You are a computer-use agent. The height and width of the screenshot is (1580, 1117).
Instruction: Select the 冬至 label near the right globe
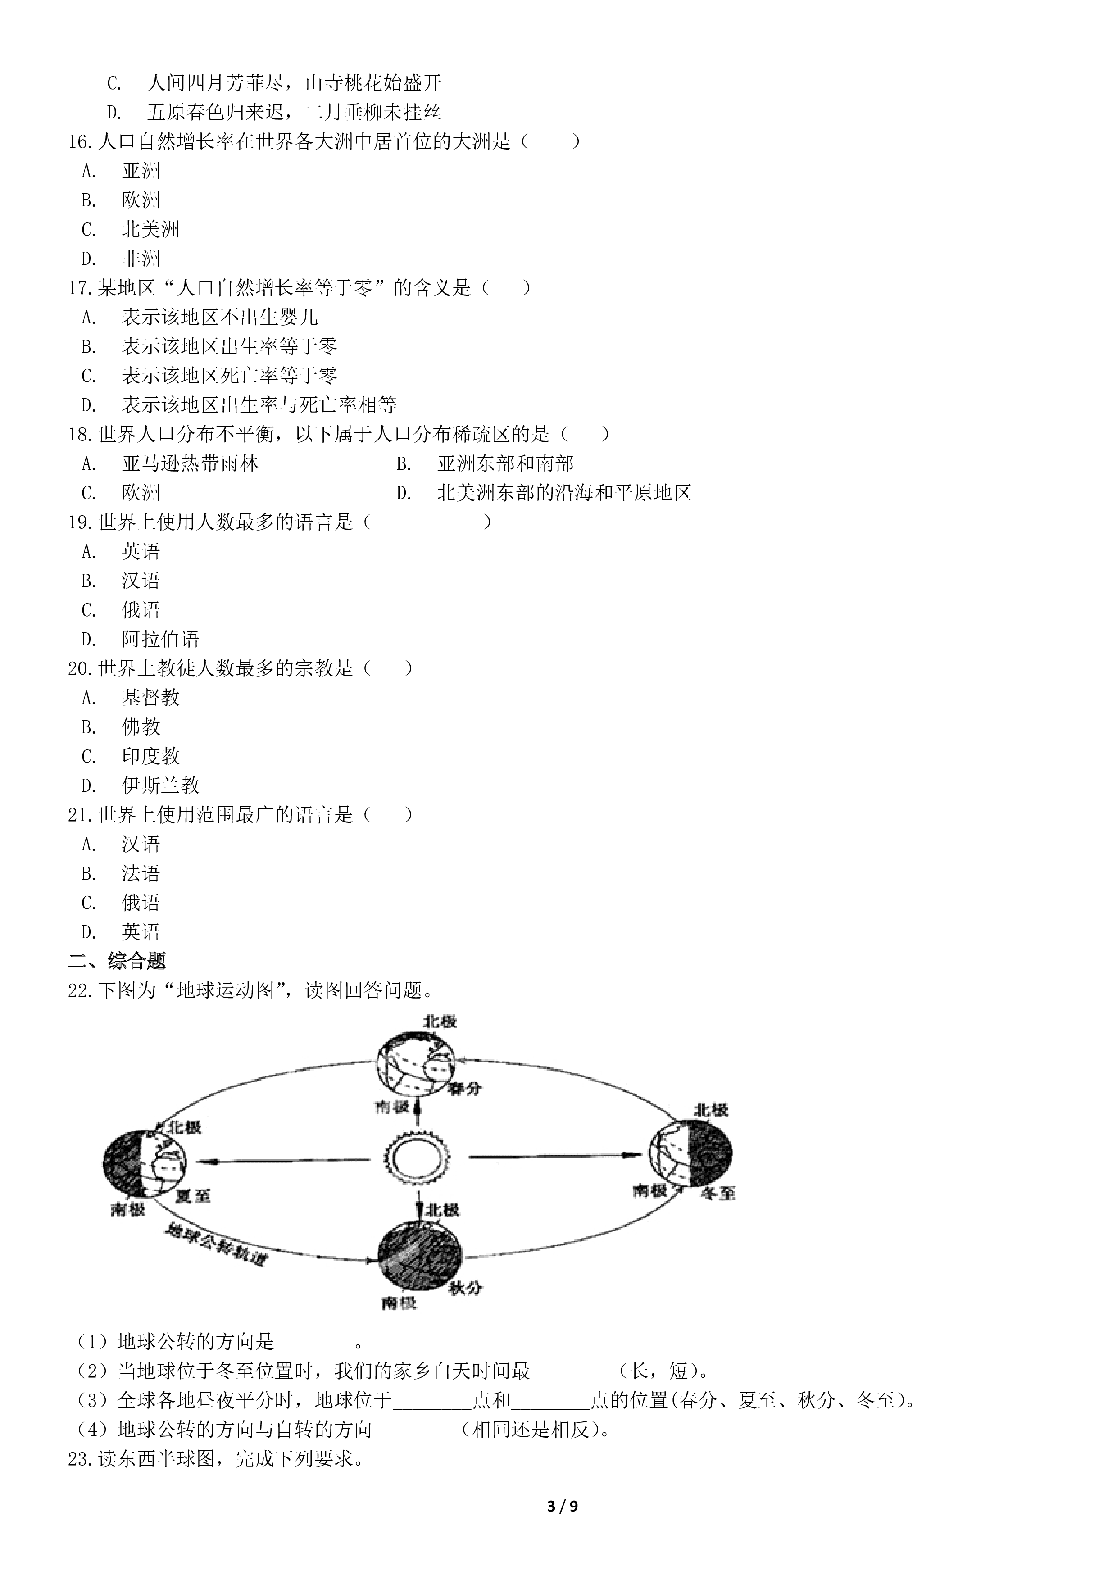tap(718, 1193)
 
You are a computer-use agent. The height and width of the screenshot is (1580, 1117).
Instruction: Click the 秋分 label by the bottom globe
tap(465, 1288)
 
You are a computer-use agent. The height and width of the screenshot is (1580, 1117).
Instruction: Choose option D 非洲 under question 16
tap(121, 259)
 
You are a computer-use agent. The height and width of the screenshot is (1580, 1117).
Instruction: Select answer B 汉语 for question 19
tap(121, 581)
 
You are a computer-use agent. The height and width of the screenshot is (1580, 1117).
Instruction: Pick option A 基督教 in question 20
tap(131, 698)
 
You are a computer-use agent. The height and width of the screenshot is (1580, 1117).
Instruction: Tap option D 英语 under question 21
tap(121, 932)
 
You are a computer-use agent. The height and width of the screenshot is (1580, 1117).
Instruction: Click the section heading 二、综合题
tap(117, 961)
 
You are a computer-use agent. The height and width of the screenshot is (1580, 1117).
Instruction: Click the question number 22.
tap(80, 991)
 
